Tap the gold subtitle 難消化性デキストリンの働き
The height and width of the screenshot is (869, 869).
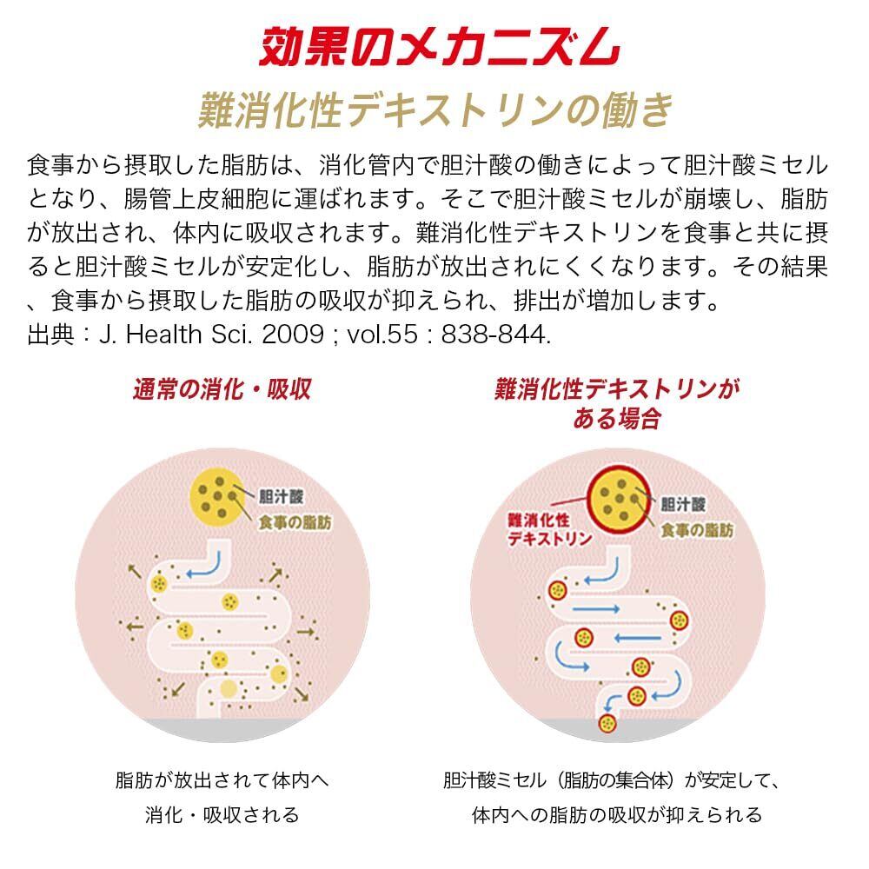click(x=434, y=109)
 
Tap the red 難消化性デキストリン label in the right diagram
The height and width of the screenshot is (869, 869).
click(x=550, y=528)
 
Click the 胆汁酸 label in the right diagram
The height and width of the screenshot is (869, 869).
click(x=683, y=503)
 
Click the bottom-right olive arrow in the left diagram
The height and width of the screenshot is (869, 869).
click(x=302, y=693)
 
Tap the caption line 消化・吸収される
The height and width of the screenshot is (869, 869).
click(x=222, y=815)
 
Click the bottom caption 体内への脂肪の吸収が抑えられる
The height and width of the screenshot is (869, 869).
click(x=616, y=815)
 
